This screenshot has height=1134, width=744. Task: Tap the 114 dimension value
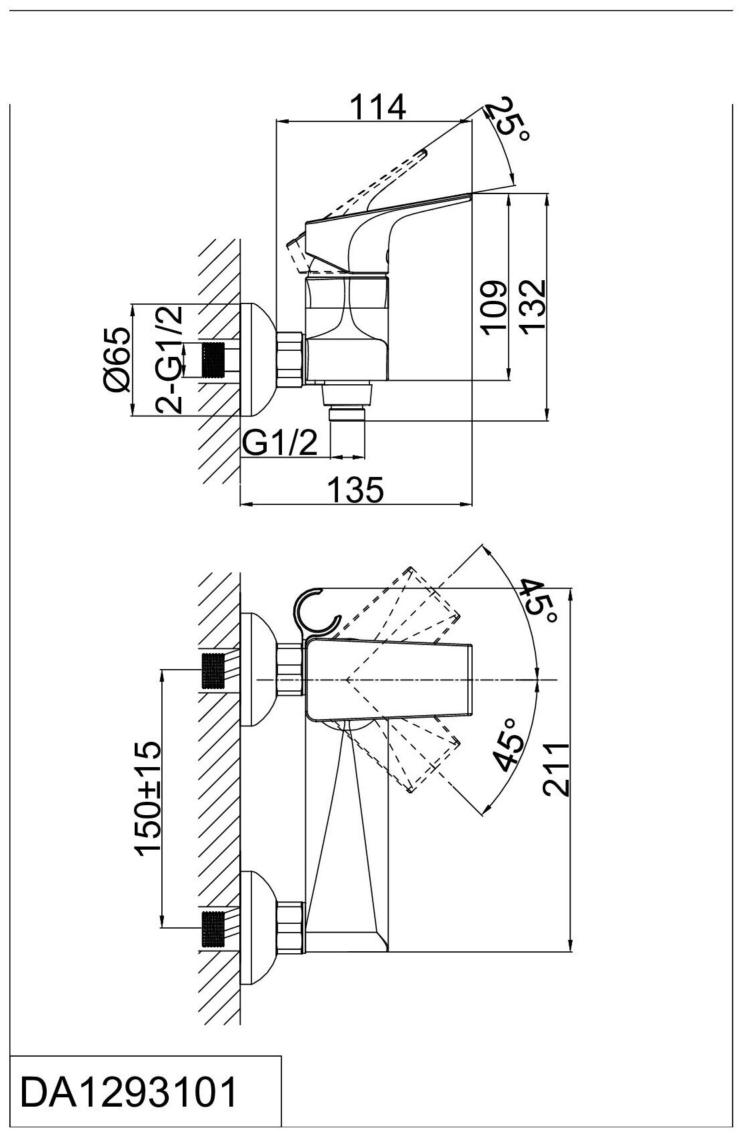coord(378,106)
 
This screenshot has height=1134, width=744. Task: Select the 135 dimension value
coord(356,489)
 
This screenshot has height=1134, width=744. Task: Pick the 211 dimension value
coord(556,770)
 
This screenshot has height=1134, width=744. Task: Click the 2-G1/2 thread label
coord(169,360)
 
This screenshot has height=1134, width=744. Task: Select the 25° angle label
coord(511,121)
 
